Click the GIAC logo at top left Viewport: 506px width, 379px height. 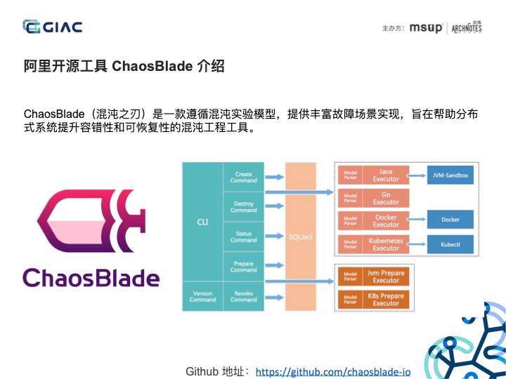[53, 27]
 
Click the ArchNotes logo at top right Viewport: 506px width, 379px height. [467, 28]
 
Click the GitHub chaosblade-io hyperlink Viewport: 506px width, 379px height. [332, 371]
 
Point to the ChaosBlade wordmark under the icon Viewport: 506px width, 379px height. [91, 277]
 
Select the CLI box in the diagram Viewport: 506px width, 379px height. [202, 222]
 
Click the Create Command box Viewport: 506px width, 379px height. [243, 177]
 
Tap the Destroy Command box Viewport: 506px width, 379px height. [243, 207]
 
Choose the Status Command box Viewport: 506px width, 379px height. [243, 237]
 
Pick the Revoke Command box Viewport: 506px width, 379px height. [243, 296]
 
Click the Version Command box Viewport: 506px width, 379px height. [202, 296]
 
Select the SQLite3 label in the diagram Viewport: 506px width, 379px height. [300, 237]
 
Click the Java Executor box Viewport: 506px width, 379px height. [385, 175]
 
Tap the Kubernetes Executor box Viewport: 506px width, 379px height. [385, 244]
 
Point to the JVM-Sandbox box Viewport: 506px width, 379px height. [450, 175]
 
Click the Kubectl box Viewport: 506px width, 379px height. [450, 244]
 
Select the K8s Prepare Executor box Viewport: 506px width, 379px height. [385, 300]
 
